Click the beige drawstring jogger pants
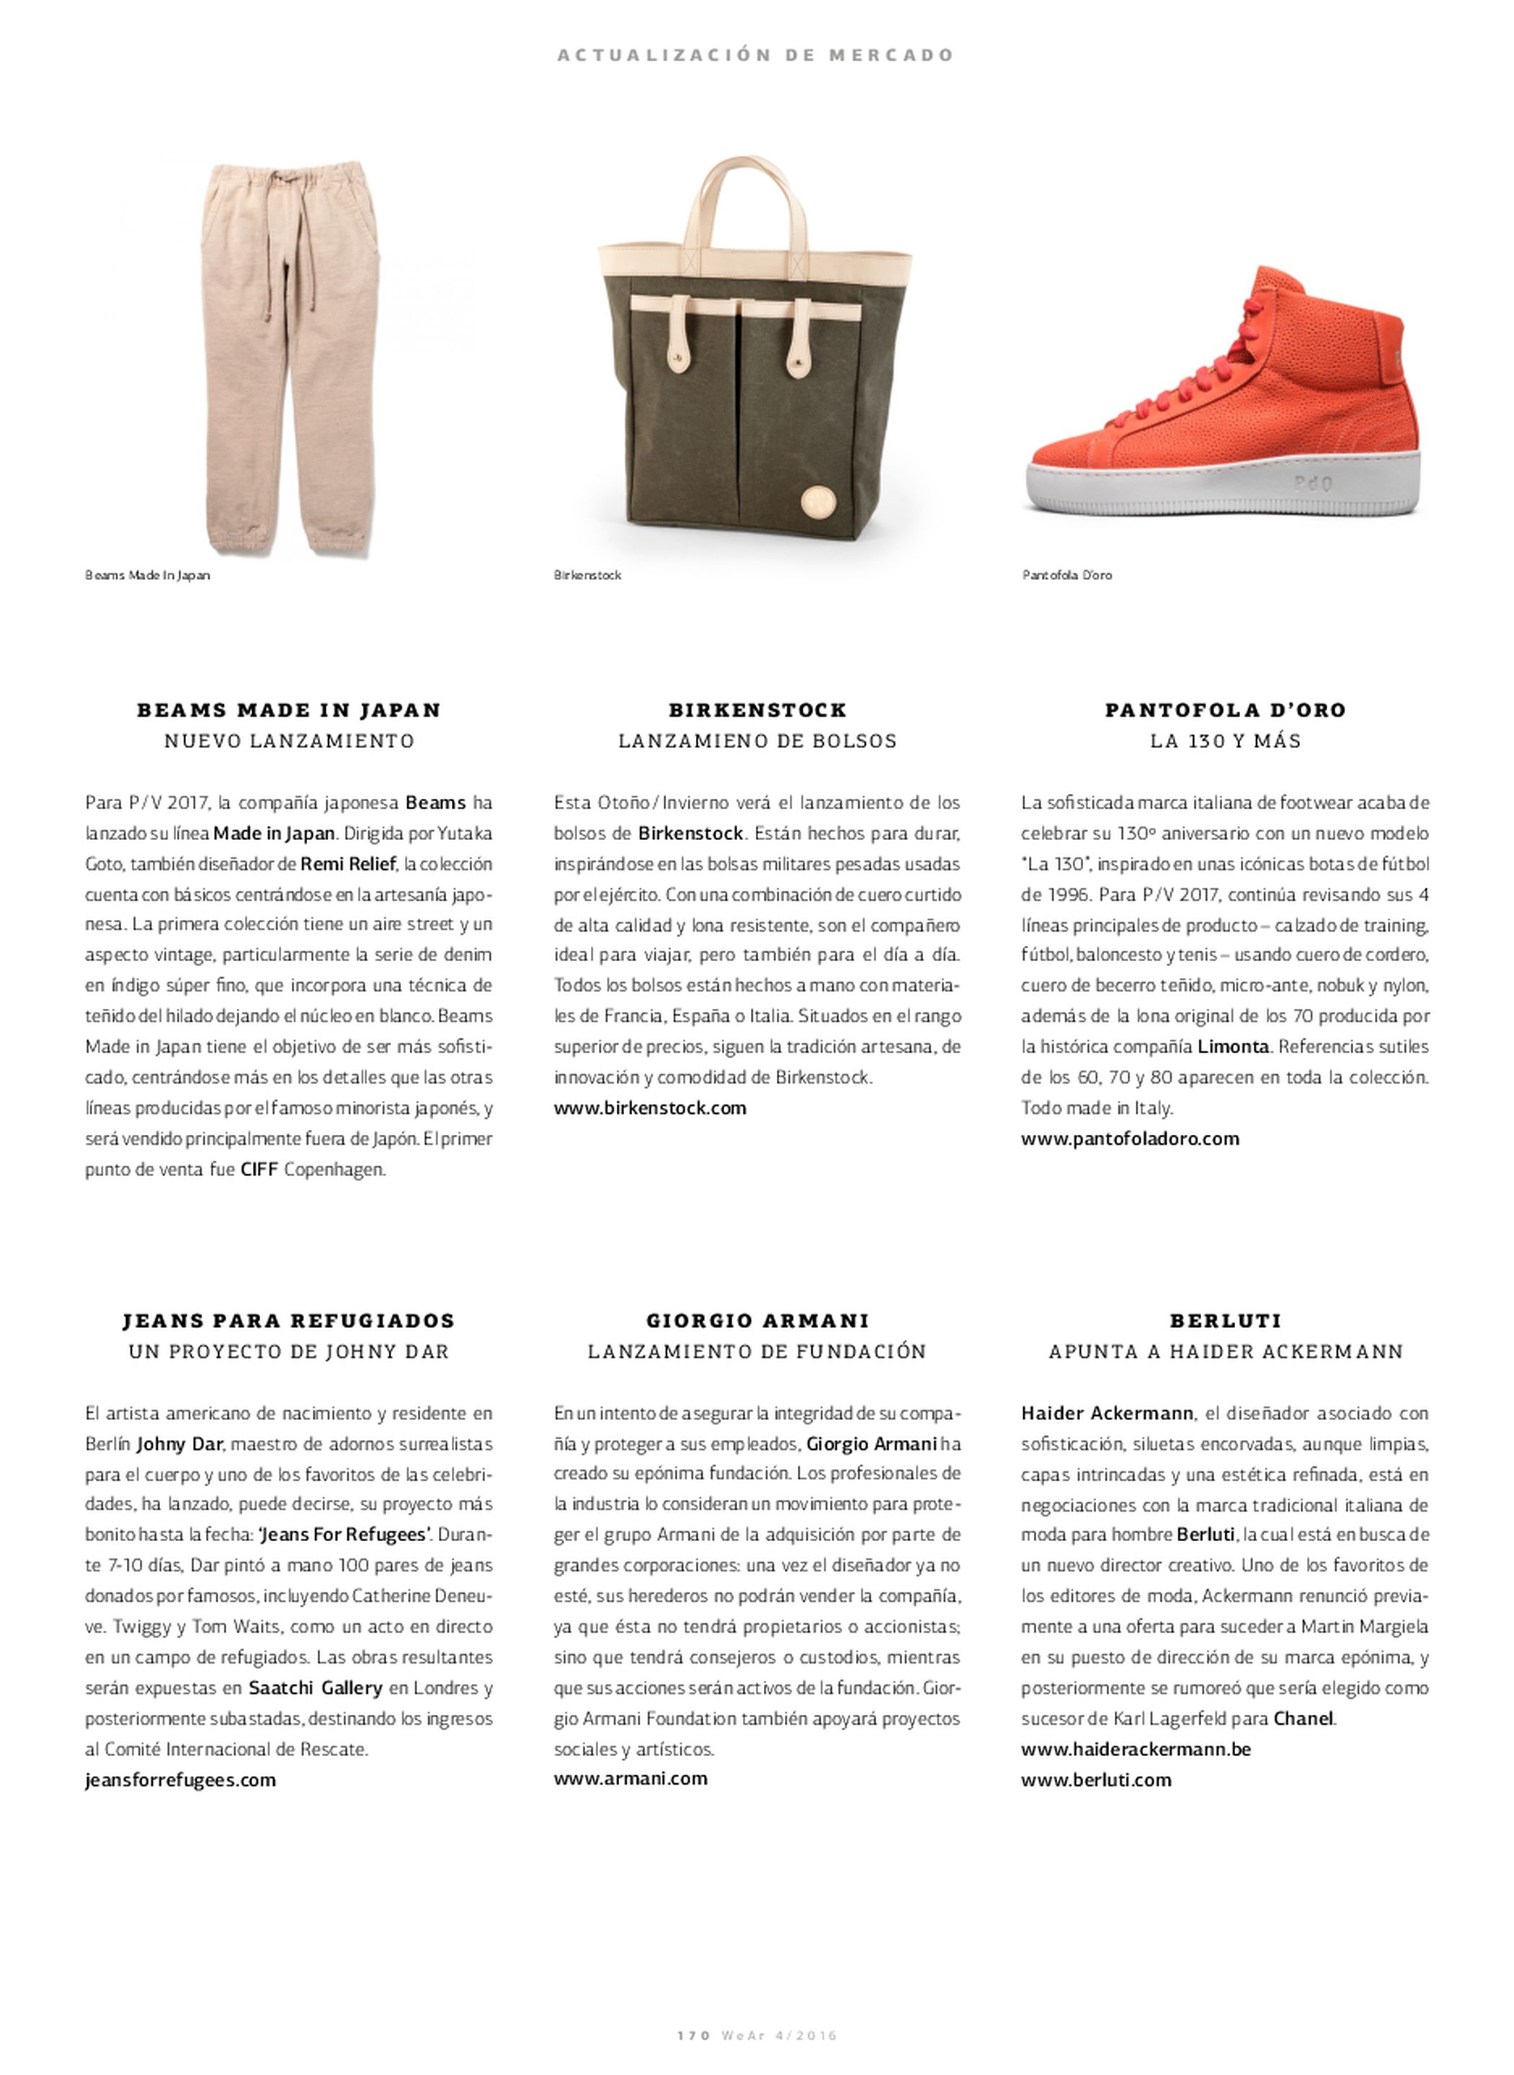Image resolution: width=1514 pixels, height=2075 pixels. coord(291,357)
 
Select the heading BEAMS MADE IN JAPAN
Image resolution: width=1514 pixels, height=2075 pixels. coord(289,710)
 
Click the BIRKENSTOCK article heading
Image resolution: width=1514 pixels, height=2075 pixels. coord(757,710)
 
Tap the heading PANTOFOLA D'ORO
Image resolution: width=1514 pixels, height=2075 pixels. coord(1225,710)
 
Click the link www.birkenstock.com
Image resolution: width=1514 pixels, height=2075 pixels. coord(650,1107)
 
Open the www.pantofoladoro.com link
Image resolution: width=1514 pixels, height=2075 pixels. coord(1130,1139)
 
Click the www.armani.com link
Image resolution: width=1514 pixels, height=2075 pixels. coord(631,1778)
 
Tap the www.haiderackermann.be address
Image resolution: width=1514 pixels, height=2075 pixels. coord(1136,1749)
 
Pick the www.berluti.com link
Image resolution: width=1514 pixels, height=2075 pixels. coord(1096,1780)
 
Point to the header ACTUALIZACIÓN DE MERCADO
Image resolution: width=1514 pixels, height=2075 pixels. coord(756,55)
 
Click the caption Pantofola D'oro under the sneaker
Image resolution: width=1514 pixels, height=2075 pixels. coord(1067,576)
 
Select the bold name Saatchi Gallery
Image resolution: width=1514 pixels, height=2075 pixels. coord(315,1687)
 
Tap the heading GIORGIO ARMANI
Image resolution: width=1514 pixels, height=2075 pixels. coord(757,1320)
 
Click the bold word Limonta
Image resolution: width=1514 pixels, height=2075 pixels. coord(1233,1046)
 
